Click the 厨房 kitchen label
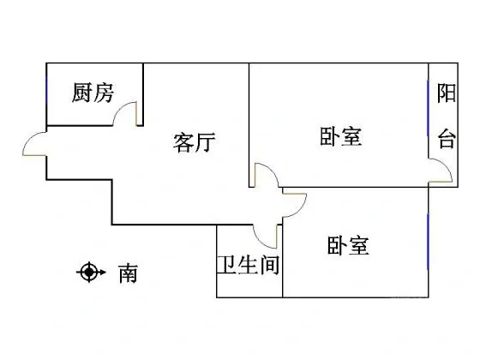(x=93, y=93)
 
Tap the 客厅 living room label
(x=194, y=142)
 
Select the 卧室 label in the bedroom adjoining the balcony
(x=340, y=136)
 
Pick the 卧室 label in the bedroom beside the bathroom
(x=348, y=245)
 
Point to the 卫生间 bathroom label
(x=249, y=265)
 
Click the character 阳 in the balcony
(x=446, y=93)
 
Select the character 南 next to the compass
(x=128, y=273)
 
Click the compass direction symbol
(x=91, y=272)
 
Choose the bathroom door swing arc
(x=261, y=240)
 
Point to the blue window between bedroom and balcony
(x=428, y=107)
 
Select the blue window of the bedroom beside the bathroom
(x=428, y=242)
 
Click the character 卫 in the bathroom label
(x=227, y=265)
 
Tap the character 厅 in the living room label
(x=206, y=142)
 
